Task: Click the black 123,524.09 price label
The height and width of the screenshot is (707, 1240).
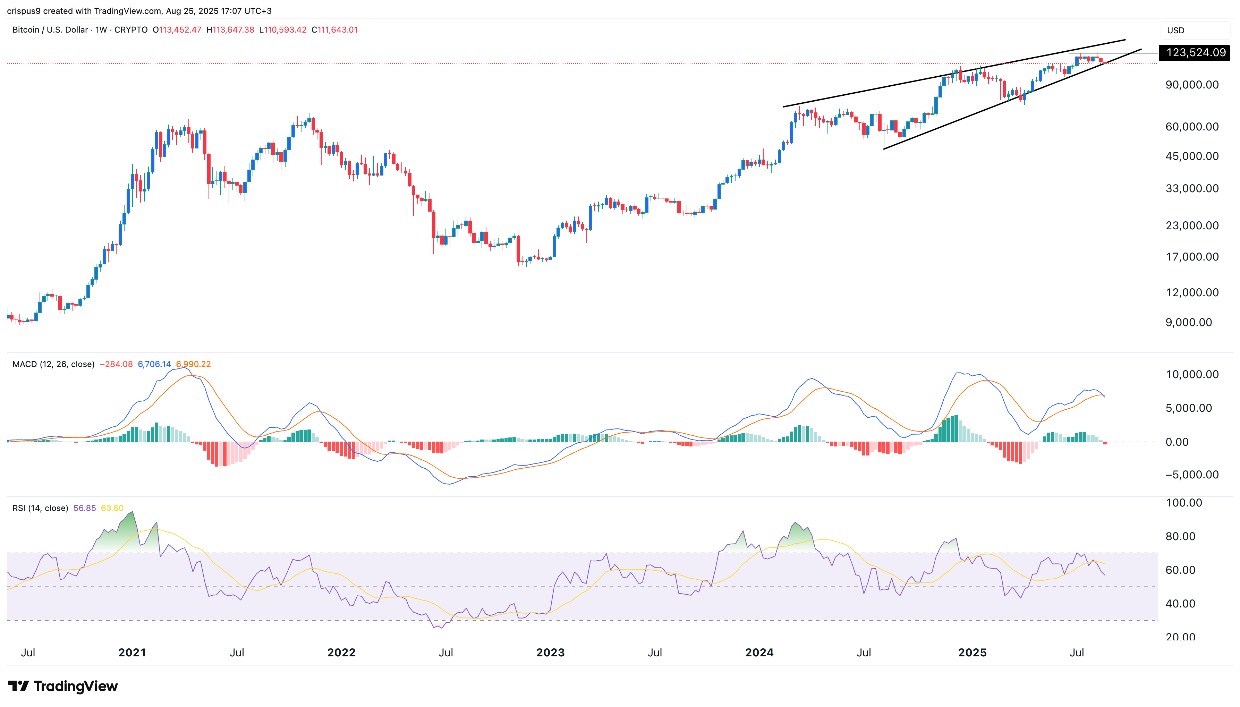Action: pos(1194,52)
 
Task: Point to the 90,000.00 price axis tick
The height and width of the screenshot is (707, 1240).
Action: pos(1192,85)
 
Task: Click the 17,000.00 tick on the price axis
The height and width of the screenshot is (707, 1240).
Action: pos(1192,256)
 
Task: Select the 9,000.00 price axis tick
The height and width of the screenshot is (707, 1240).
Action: pos(1189,322)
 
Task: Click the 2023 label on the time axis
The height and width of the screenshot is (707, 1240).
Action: pos(550,652)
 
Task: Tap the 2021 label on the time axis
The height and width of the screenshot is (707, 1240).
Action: pos(132,652)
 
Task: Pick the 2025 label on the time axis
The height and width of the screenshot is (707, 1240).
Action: pos(972,652)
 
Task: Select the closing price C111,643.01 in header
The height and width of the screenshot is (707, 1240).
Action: pos(334,29)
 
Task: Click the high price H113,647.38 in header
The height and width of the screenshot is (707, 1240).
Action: pos(230,29)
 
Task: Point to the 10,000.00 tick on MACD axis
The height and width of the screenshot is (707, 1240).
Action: pos(1192,374)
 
